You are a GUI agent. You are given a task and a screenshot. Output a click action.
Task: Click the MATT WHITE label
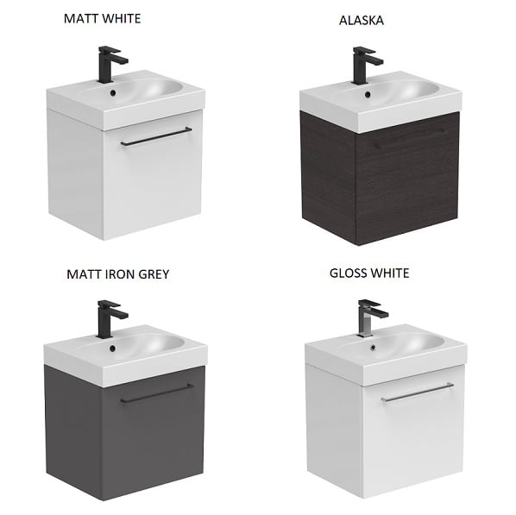(103, 18)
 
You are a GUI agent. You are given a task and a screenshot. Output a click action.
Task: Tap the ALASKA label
(362, 21)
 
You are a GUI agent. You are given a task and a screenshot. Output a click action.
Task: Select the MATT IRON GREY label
(118, 274)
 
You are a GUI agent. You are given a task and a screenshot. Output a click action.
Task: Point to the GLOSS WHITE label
(369, 273)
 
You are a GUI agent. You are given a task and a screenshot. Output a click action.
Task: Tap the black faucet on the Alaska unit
(365, 65)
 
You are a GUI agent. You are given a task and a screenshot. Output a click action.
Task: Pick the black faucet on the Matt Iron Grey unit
(110, 318)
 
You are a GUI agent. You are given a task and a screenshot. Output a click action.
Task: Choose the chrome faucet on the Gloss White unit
(370, 317)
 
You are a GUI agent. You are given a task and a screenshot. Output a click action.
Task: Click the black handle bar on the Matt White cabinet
(156, 136)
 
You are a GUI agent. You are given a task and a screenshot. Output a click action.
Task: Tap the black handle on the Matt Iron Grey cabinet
(157, 393)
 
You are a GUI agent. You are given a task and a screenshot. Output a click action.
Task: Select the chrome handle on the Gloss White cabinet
(418, 393)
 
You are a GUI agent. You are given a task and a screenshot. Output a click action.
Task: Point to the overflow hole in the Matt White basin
(113, 93)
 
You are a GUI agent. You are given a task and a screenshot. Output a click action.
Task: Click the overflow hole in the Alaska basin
(368, 94)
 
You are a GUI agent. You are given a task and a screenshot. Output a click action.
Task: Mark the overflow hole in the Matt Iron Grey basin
(112, 348)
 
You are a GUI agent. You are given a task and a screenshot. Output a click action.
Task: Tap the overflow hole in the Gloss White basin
(373, 347)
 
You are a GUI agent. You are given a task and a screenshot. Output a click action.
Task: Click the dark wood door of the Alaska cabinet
(407, 179)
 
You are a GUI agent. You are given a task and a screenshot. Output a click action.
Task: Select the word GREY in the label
(154, 274)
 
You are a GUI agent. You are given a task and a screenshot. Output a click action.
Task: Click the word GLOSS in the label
(348, 273)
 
